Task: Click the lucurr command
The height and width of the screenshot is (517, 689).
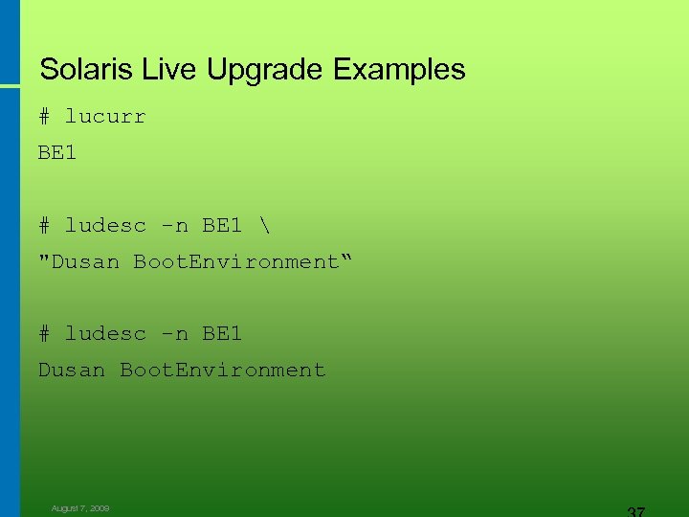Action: click(x=105, y=117)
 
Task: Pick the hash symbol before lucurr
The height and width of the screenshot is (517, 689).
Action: click(x=44, y=117)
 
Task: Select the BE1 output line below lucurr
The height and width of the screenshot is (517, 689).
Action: click(x=57, y=152)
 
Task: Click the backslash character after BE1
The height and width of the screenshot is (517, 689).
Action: click(x=263, y=225)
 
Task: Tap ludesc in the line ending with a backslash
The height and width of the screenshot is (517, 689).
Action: click(x=105, y=225)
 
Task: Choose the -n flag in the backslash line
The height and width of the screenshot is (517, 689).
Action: click(x=174, y=225)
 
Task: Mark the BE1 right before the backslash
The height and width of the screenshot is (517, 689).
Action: click(x=222, y=225)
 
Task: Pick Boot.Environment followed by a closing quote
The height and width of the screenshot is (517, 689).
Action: click(x=235, y=261)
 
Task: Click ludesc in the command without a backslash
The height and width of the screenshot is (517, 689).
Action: click(x=105, y=333)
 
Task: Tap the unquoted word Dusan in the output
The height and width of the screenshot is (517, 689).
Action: click(x=72, y=370)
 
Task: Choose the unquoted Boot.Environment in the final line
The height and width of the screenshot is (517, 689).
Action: click(x=222, y=370)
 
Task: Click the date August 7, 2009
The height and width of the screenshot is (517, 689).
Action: click(x=80, y=508)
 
